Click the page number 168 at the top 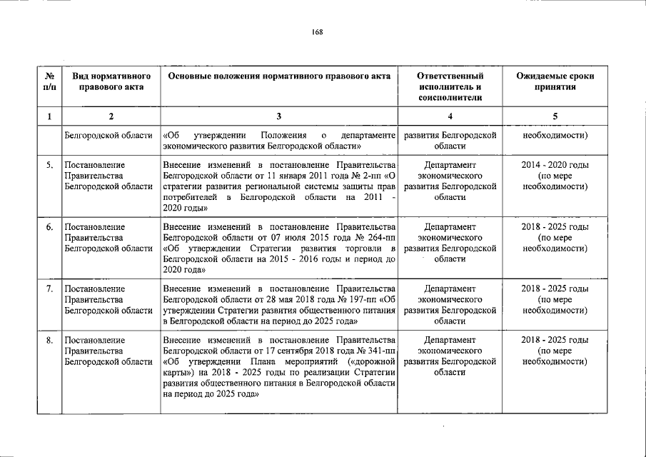(318, 31)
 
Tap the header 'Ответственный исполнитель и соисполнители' (450, 86)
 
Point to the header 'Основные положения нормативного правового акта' (278, 75)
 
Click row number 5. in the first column (49, 166)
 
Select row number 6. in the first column (49, 227)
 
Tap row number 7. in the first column (49, 288)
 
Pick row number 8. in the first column (49, 340)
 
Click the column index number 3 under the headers (279, 116)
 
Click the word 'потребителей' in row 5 (188, 196)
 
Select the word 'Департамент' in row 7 (450, 288)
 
